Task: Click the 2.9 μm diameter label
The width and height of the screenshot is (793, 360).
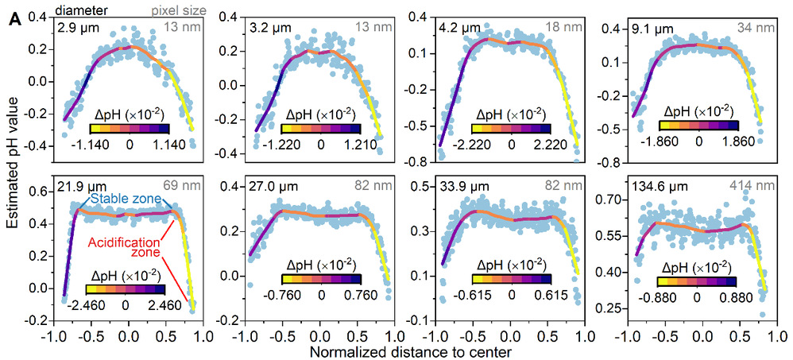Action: tap(74, 28)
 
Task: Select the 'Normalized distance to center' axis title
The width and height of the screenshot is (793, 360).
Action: tap(396, 350)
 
